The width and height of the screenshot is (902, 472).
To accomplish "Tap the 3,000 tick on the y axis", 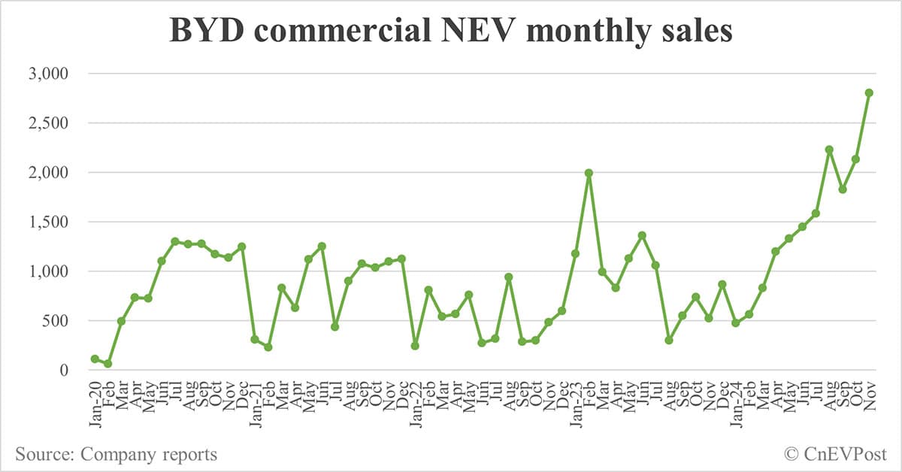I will click(49, 74).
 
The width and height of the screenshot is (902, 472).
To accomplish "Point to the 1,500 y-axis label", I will click(49, 222).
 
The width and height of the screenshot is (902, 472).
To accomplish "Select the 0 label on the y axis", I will click(64, 370).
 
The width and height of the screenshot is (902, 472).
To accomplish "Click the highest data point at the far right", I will click(869, 92).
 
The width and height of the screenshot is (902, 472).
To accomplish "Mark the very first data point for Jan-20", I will click(95, 359).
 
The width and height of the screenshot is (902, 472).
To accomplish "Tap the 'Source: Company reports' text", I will click(116, 454).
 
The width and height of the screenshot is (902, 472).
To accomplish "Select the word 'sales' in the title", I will click(691, 32).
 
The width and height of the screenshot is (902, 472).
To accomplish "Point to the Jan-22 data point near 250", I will click(415, 346).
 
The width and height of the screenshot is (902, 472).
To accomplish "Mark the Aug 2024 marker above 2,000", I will click(829, 150).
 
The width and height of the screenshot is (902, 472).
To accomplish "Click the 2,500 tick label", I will click(49, 123).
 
